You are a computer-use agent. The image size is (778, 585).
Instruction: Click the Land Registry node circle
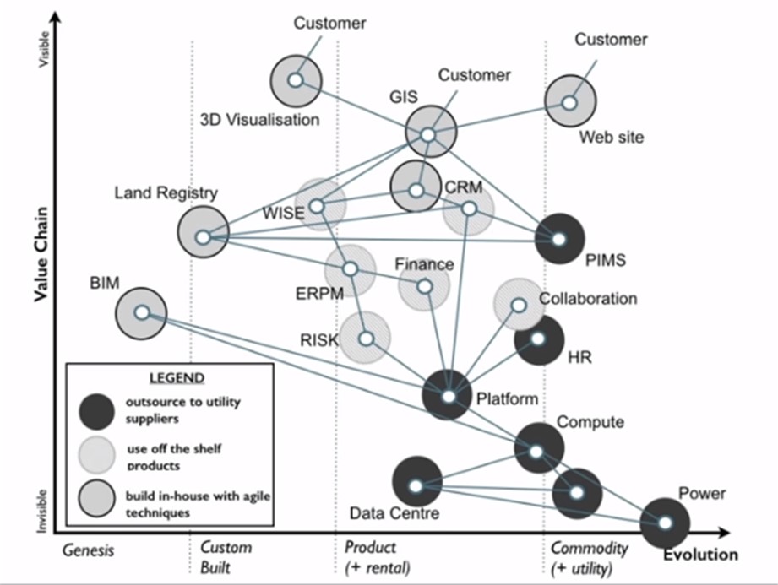pos(203,236)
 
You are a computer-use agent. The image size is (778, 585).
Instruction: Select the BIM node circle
pos(142,312)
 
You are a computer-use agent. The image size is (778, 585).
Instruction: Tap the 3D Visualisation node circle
pos(295,80)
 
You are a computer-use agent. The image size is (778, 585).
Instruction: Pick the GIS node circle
pos(429,134)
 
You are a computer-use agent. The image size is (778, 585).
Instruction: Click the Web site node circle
pos(569,102)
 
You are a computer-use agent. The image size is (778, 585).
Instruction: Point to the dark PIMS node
pos(558,239)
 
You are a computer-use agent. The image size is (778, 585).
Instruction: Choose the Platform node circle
pos(449,395)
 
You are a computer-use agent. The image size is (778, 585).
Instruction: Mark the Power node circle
pos(665,523)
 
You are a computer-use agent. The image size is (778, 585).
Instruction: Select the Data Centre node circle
pos(416,485)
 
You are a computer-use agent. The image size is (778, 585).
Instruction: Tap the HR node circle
pos(538,339)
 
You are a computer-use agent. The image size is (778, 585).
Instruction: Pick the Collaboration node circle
pos(519,304)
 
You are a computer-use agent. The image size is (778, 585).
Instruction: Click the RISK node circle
pos(366,338)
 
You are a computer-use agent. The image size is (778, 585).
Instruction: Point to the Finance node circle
pos(424,287)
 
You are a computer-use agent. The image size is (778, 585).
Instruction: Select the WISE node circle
pos(317,205)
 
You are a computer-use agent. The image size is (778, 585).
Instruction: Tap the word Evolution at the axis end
pos(699,555)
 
